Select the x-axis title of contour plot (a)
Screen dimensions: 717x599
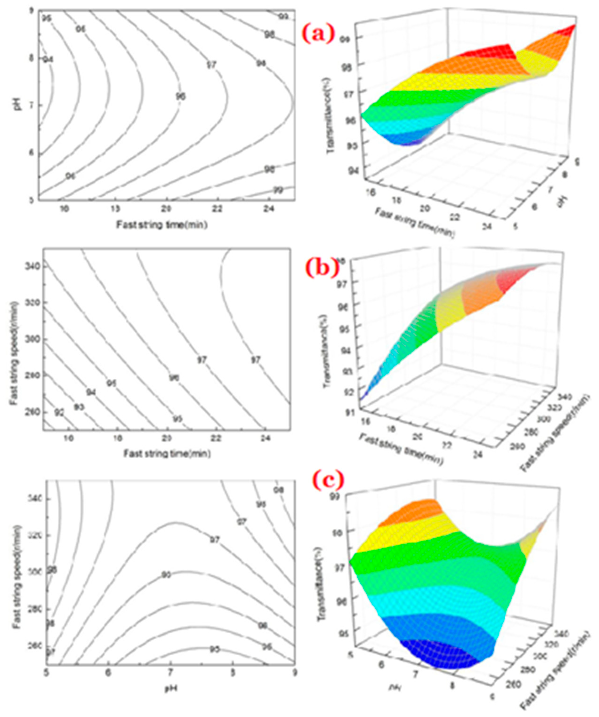click(162, 225)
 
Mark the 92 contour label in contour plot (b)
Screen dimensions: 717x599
click(59, 413)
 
